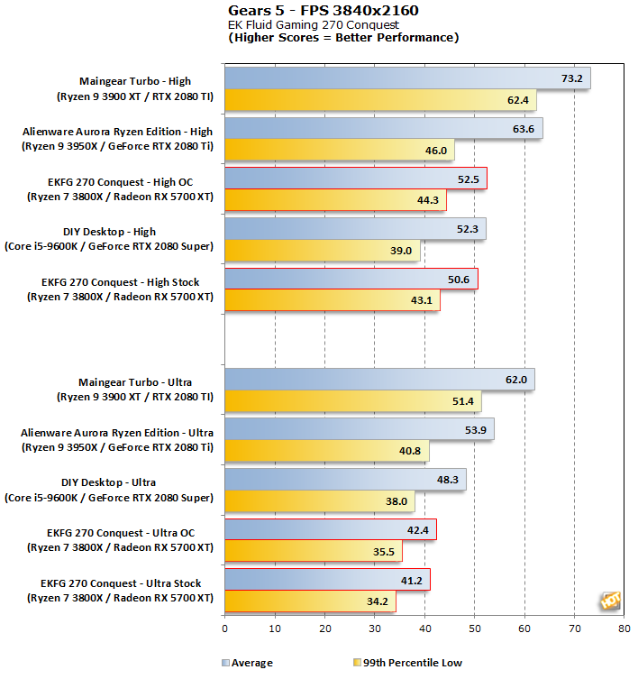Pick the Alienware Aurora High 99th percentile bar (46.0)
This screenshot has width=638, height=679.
click(x=340, y=150)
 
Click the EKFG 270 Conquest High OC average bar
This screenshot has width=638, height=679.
click(x=355, y=179)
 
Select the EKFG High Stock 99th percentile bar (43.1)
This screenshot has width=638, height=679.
click(x=332, y=300)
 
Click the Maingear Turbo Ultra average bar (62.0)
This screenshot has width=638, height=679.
click(x=379, y=380)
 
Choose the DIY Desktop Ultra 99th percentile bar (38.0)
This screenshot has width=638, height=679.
click(x=319, y=501)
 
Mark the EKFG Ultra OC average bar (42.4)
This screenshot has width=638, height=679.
click(x=330, y=529)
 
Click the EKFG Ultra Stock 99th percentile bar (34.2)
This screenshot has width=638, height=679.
click(x=310, y=601)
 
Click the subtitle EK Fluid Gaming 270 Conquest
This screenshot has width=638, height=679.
click(x=313, y=25)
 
